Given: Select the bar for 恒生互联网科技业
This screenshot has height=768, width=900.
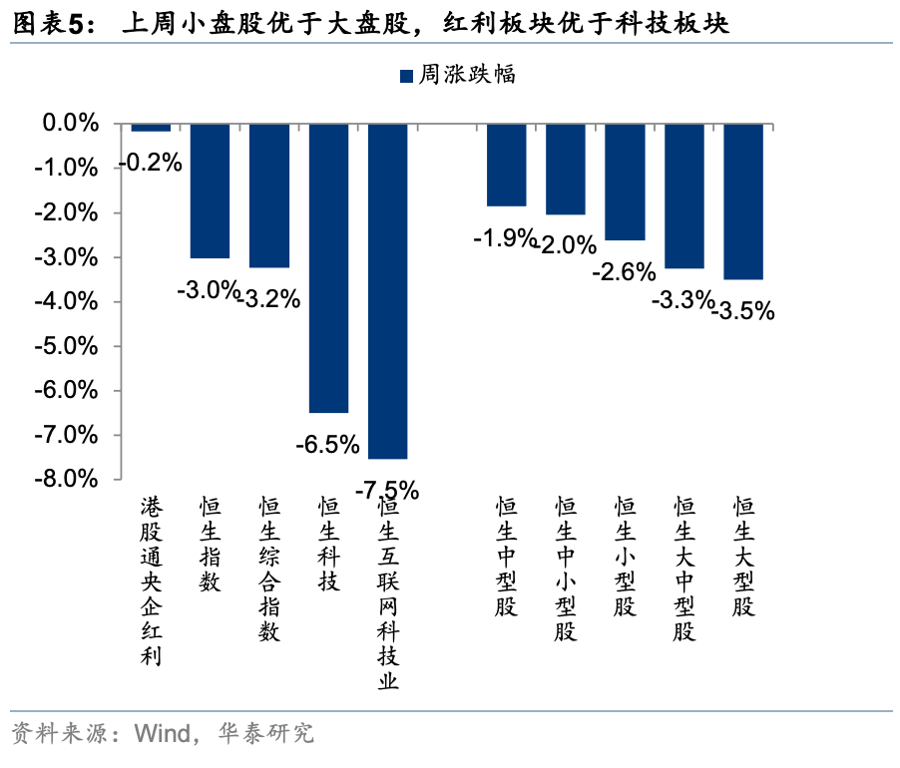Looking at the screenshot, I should pos(387,290).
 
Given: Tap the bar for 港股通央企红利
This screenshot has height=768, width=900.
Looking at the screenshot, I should pos(151,128).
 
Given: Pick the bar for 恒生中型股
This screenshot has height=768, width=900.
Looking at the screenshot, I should pos(506,165).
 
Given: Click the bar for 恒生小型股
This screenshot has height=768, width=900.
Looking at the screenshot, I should pos(625,182).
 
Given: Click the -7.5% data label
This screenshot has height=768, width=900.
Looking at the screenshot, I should pos(387,489).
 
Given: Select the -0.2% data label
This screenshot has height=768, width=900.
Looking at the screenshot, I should pos(151,162).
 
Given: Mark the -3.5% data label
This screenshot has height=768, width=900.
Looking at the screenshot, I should pos(743,311).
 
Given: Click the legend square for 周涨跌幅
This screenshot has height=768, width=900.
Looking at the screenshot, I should pos(406,75).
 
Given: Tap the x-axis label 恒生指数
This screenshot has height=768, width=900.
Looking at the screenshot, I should pos(210,545).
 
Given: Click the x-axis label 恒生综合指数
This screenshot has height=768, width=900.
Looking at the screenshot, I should pos(268,570).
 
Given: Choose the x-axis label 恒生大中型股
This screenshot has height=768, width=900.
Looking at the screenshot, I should pos(683,570).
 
